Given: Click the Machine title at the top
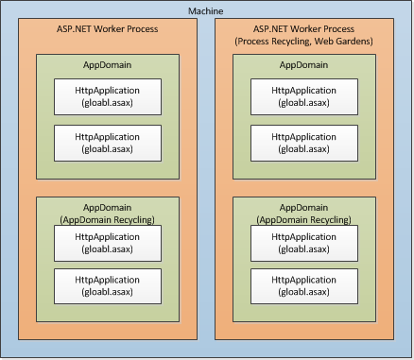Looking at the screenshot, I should point(206,10).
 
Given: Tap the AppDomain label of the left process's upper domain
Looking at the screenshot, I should point(106,65).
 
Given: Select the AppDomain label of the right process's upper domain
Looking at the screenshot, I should point(303,65).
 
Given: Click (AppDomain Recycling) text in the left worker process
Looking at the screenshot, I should point(106,219).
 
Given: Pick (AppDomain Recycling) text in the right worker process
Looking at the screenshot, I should point(303,219).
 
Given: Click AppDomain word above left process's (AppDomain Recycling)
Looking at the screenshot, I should point(106,207).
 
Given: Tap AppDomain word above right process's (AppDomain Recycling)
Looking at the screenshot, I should point(303,207).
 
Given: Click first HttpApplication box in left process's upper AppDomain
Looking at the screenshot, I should point(106,96).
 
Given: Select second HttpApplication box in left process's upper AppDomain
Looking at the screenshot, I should point(106,143).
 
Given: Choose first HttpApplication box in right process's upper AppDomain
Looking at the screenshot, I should point(303,96).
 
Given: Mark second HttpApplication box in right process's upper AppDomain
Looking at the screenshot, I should point(303,143).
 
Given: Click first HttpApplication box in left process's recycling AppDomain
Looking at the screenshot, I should point(106,243).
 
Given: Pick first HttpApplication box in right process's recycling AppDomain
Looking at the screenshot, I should point(303,243).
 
